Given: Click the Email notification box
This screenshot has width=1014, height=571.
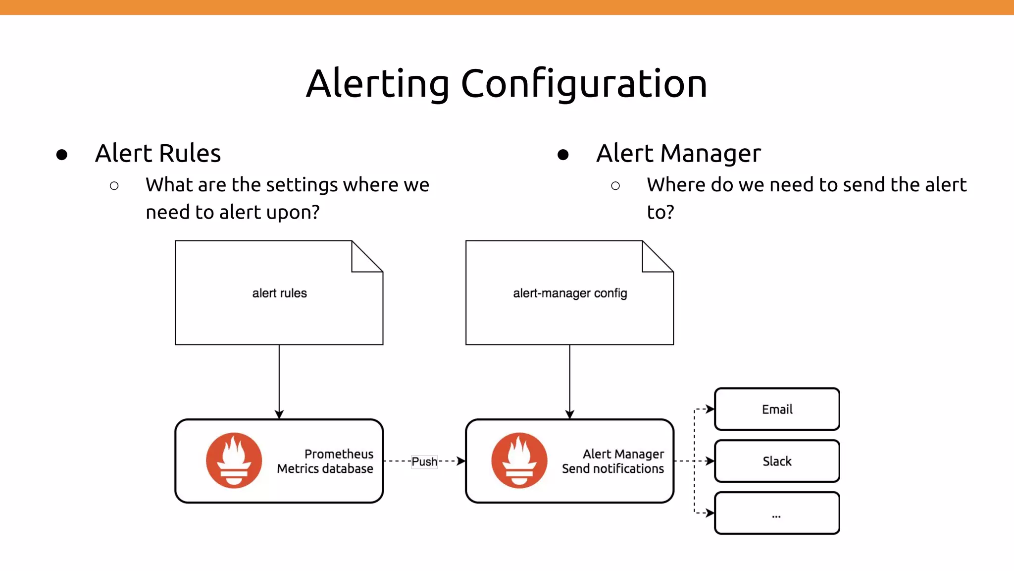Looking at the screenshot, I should pyautogui.click(x=777, y=409).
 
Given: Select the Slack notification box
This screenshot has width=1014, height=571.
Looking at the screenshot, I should pyautogui.click(x=777, y=461).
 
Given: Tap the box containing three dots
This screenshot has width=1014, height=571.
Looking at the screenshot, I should pyautogui.click(x=777, y=513).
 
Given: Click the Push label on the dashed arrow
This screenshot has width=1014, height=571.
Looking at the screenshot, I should pyautogui.click(x=424, y=461).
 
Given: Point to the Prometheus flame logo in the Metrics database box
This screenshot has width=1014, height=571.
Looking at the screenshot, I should pyautogui.click(x=234, y=460).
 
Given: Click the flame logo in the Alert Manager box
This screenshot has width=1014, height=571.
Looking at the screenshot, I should pyautogui.click(x=519, y=460).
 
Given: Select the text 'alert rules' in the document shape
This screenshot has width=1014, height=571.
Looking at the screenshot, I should pyautogui.click(x=279, y=293).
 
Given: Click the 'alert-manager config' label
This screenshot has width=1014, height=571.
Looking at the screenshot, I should pyautogui.click(x=570, y=293).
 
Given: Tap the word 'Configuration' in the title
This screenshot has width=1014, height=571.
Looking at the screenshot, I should pyautogui.click(x=584, y=83).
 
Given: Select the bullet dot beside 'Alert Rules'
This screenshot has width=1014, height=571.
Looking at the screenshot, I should pyautogui.click(x=62, y=155).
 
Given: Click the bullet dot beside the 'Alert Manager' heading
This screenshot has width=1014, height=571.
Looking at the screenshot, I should pyautogui.click(x=563, y=155).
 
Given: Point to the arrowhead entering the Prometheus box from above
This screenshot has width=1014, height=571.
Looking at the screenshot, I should pyautogui.click(x=279, y=414).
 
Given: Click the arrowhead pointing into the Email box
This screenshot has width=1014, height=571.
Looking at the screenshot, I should pyautogui.click(x=710, y=409).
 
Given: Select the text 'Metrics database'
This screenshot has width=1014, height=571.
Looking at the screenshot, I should pyautogui.click(x=325, y=469).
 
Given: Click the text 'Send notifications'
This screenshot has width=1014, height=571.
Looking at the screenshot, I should pyautogui.click(x=612, y=469).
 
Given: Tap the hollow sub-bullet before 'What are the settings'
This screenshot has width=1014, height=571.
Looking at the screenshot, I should pyautogui.click(x=114, y=186).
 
